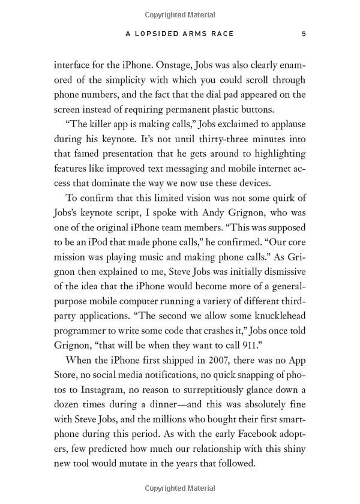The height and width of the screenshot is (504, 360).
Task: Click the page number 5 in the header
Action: pyautogui.click(x=304, y=34)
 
